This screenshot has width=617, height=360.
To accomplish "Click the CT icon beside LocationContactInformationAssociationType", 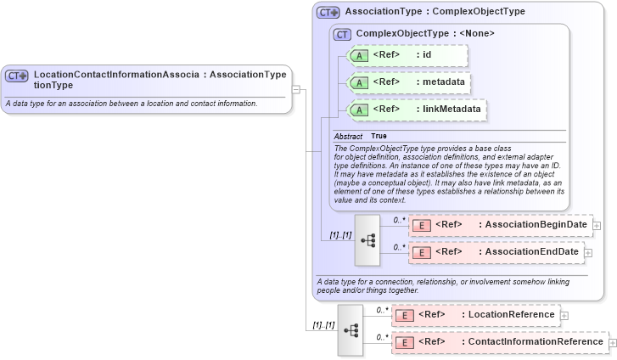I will [17, 76].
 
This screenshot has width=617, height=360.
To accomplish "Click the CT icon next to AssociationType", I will [328, 13].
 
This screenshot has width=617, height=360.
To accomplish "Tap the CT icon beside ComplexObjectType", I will [342, 34].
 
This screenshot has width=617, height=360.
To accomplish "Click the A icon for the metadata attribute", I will [359, 83].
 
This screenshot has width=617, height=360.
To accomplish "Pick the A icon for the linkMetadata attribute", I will [359, 110].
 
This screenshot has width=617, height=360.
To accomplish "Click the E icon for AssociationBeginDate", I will [421, 225].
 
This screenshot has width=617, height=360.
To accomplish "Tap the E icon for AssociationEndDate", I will [421, 252].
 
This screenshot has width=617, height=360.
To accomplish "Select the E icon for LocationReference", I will [405, 315].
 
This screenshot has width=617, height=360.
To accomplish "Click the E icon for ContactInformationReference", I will [405, 342].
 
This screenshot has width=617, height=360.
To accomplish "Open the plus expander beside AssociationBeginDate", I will [597, 225].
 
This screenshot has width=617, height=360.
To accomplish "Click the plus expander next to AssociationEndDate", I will [588, 252].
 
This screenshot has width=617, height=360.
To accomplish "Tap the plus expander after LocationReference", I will [564, 315].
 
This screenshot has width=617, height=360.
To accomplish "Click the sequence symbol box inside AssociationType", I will [367, 239].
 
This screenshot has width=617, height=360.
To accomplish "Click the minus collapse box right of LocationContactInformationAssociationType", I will [296, 87].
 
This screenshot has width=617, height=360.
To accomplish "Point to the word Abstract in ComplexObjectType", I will [348, 137].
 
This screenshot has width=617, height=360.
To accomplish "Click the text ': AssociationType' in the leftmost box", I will [245, 75].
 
